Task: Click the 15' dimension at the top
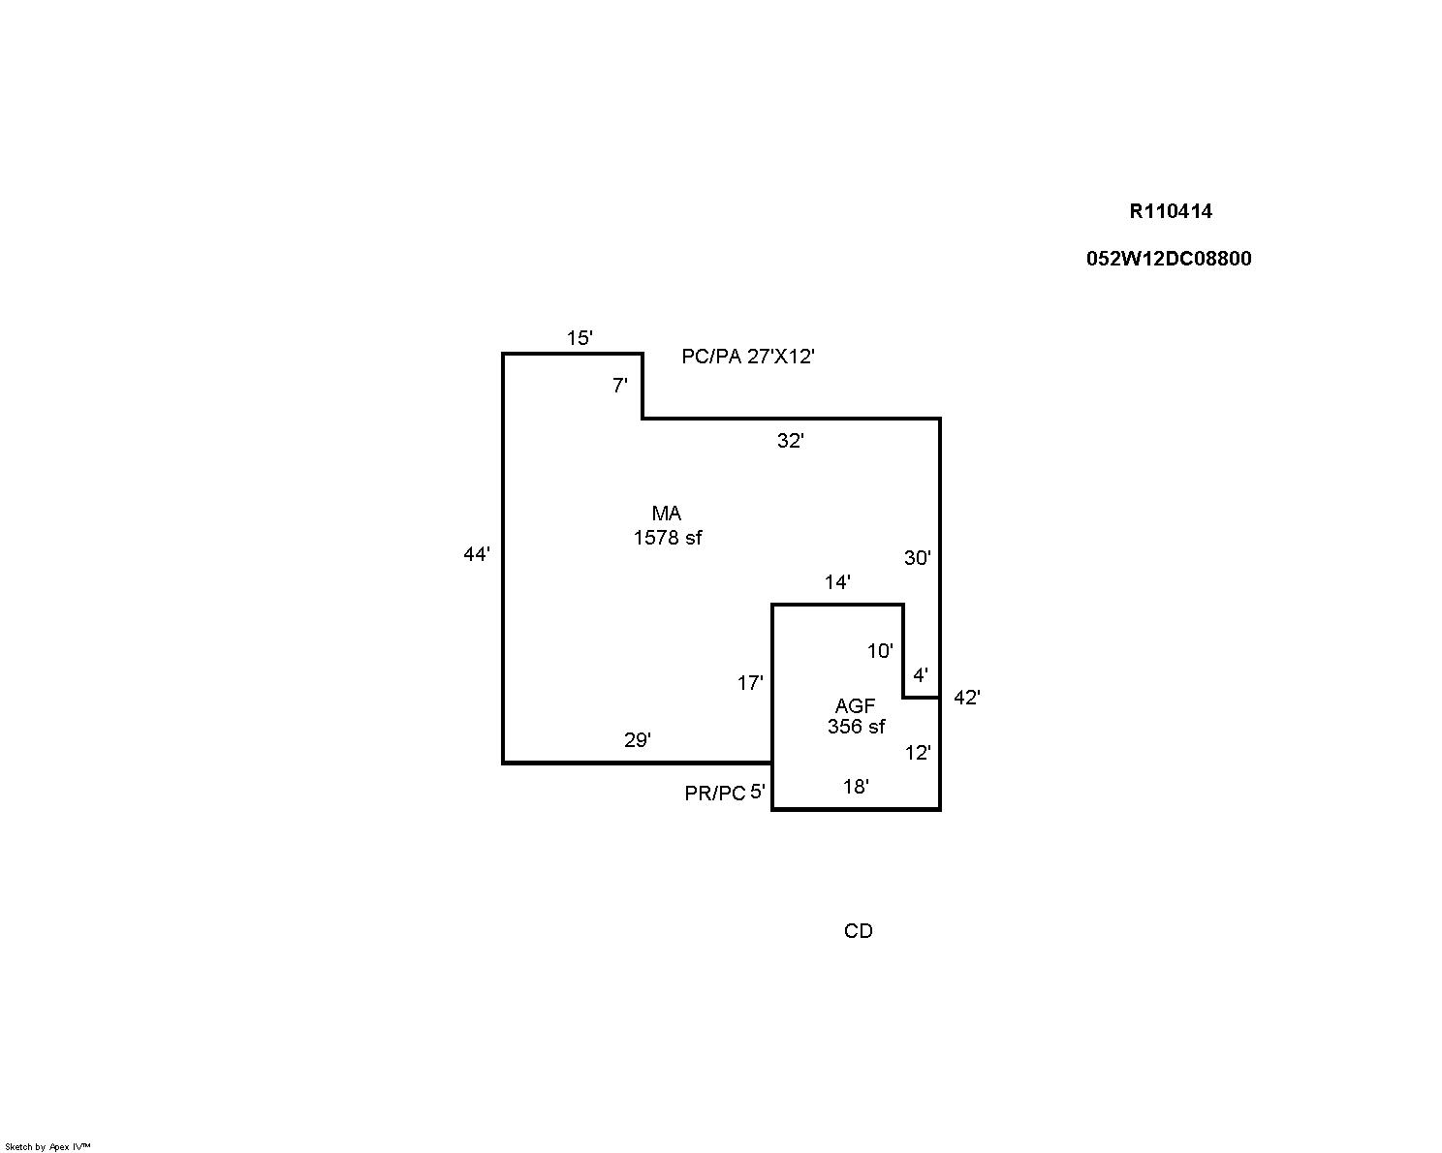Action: tap(580, 338)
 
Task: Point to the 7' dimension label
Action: tap(620, 386)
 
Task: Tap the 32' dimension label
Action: tap(791, 441)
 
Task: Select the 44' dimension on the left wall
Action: tap(477, 555)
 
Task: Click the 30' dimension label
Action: tap(917, 558)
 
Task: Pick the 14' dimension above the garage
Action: tap(837, 582)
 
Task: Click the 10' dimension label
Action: tap(880, 651)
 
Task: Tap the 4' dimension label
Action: tap(921, 675)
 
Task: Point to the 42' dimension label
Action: tap(966, 698)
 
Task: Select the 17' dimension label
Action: tap(750, 683)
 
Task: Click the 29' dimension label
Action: tap(637, 740)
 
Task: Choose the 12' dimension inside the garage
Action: tap(918, 753)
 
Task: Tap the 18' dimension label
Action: tap(855, 787)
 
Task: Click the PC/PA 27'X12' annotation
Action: tap(748, 357)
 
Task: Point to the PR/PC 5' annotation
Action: tap(725, 794)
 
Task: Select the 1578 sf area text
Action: tap(668, 538)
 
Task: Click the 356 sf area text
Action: tap(856, 727)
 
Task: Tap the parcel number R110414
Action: tap(1171, 211)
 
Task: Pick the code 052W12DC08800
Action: tap(1169, 259)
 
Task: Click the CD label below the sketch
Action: tap(859, 931)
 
